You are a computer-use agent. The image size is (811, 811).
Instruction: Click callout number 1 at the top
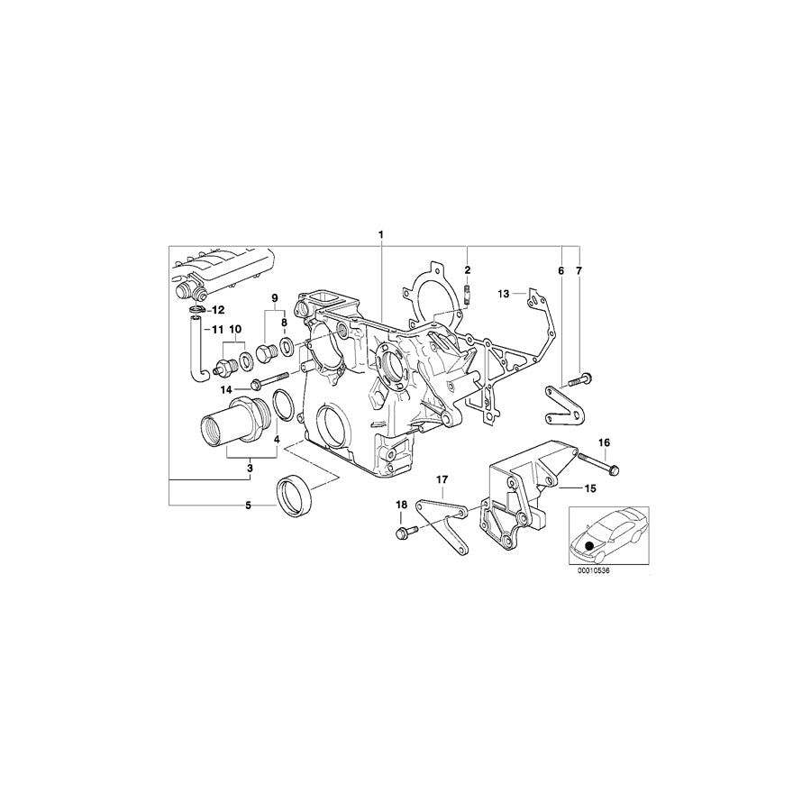point(381,235)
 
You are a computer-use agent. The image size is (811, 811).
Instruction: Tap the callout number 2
point(468,270)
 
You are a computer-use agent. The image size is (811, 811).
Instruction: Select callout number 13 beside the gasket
point(505,293)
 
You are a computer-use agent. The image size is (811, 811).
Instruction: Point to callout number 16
point(604,442)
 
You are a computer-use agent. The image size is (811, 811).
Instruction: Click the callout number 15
point(591,488)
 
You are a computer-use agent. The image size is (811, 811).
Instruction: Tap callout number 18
point(400,506)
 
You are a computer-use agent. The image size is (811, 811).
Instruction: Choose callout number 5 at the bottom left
point(249,506)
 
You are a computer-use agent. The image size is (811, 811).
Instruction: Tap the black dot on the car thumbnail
point(589,544)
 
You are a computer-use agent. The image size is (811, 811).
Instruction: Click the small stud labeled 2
point(468,293)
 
